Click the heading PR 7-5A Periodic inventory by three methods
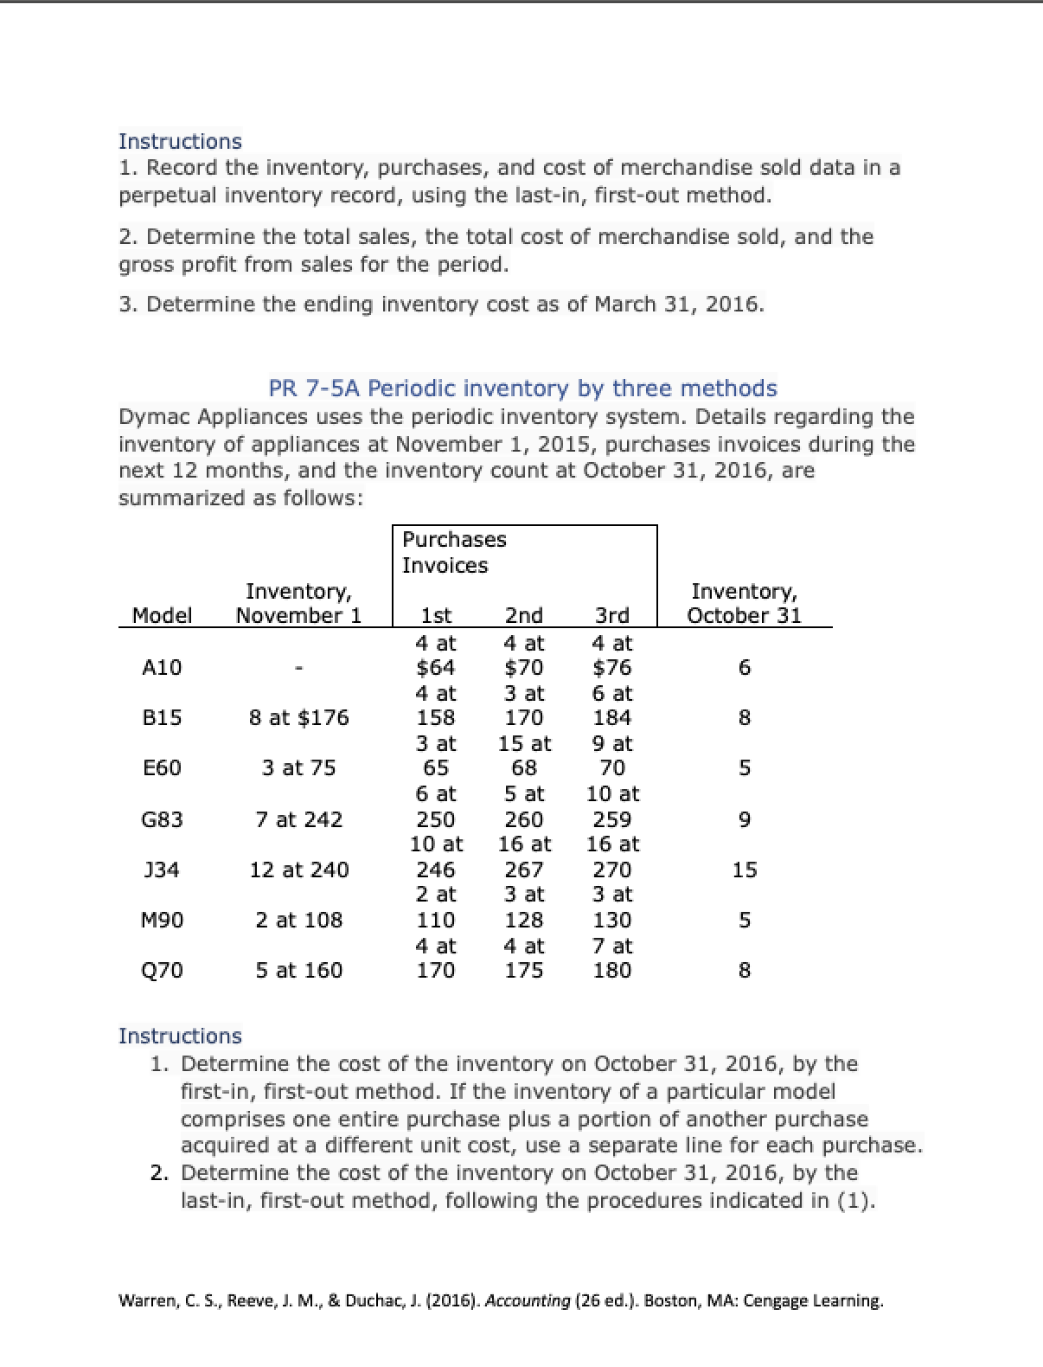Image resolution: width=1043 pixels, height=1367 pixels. click(x=522, y=388)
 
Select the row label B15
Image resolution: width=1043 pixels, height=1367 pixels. click(x=162, y=717)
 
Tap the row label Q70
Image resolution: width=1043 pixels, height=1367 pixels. click(x=162, y=970)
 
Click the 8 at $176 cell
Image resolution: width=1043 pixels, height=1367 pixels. click(x=298, y=717)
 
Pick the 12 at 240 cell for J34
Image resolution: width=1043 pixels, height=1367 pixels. click(x=298, y=870)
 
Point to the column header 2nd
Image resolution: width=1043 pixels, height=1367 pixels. click(x=523, y=615)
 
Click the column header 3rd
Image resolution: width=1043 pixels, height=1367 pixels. click(x=611, y=615)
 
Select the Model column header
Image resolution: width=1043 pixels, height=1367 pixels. click(x=162, y=615)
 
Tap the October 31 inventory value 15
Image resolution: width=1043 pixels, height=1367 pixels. click(x=744, y=870)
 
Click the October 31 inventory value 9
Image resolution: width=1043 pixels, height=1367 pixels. click(x=744, y=819)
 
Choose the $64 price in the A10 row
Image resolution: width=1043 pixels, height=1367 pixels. click(x=435, y=667)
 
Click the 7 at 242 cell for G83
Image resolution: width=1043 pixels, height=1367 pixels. click(x=298, y=819)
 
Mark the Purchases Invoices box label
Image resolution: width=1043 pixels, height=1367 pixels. click(x=453, y=552)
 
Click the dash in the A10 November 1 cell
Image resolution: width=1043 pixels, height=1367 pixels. click(x=298, y=667)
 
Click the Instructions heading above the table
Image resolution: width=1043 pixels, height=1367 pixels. click(x=180, y=141)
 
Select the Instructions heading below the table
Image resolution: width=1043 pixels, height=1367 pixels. click(x=180, y=1036)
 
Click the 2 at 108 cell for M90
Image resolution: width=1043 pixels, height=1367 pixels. click(x=298, y=920)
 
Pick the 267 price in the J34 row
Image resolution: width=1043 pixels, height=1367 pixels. click(x=523, y=870)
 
